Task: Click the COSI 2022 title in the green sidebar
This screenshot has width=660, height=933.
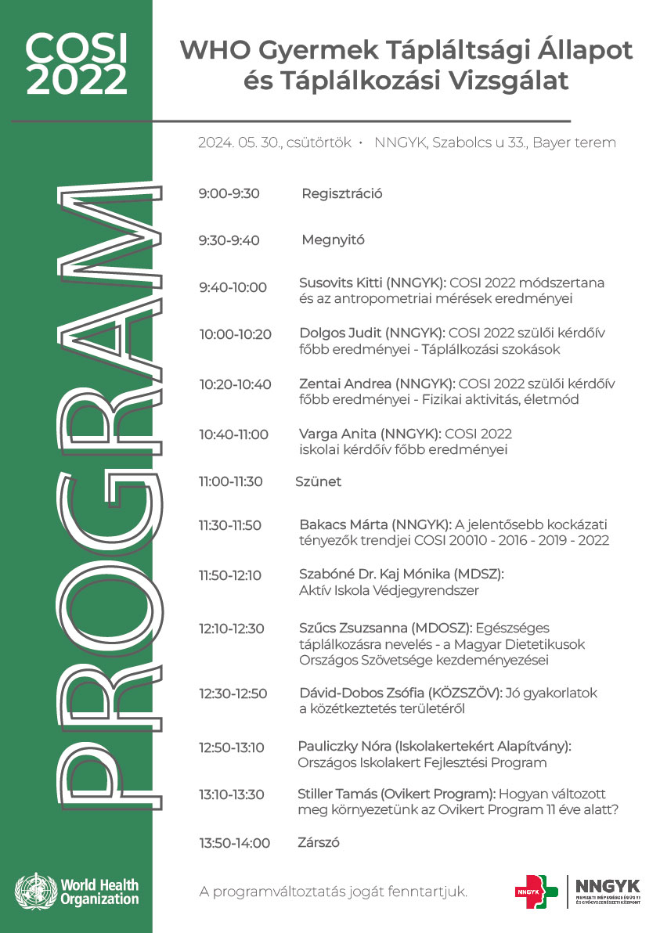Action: tap(76, 64)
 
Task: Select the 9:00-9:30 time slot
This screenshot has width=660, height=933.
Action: tap(229, 194)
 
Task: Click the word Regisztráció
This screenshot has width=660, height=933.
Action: tap(341, 194)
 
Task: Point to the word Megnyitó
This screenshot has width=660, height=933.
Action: tap(333, 240)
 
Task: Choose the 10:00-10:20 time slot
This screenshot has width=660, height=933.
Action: tap(235, 334)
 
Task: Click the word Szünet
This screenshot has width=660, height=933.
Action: tap(318, 481)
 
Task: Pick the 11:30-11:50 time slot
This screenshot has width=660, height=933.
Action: tap(230, 525)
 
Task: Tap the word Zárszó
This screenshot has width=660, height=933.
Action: tap(318, 843)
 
